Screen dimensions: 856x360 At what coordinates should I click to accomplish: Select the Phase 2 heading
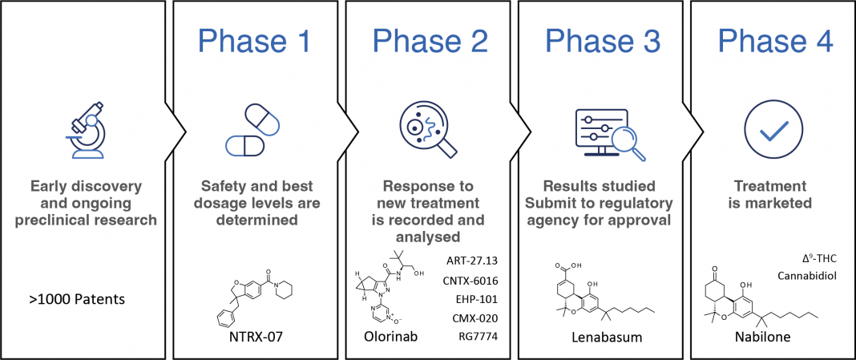430,40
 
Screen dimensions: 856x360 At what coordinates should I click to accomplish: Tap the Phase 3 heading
603,40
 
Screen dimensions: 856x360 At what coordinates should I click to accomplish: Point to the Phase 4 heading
775,40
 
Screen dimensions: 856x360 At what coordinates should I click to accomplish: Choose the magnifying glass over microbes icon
427,131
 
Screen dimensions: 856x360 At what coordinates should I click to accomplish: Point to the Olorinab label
390,337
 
